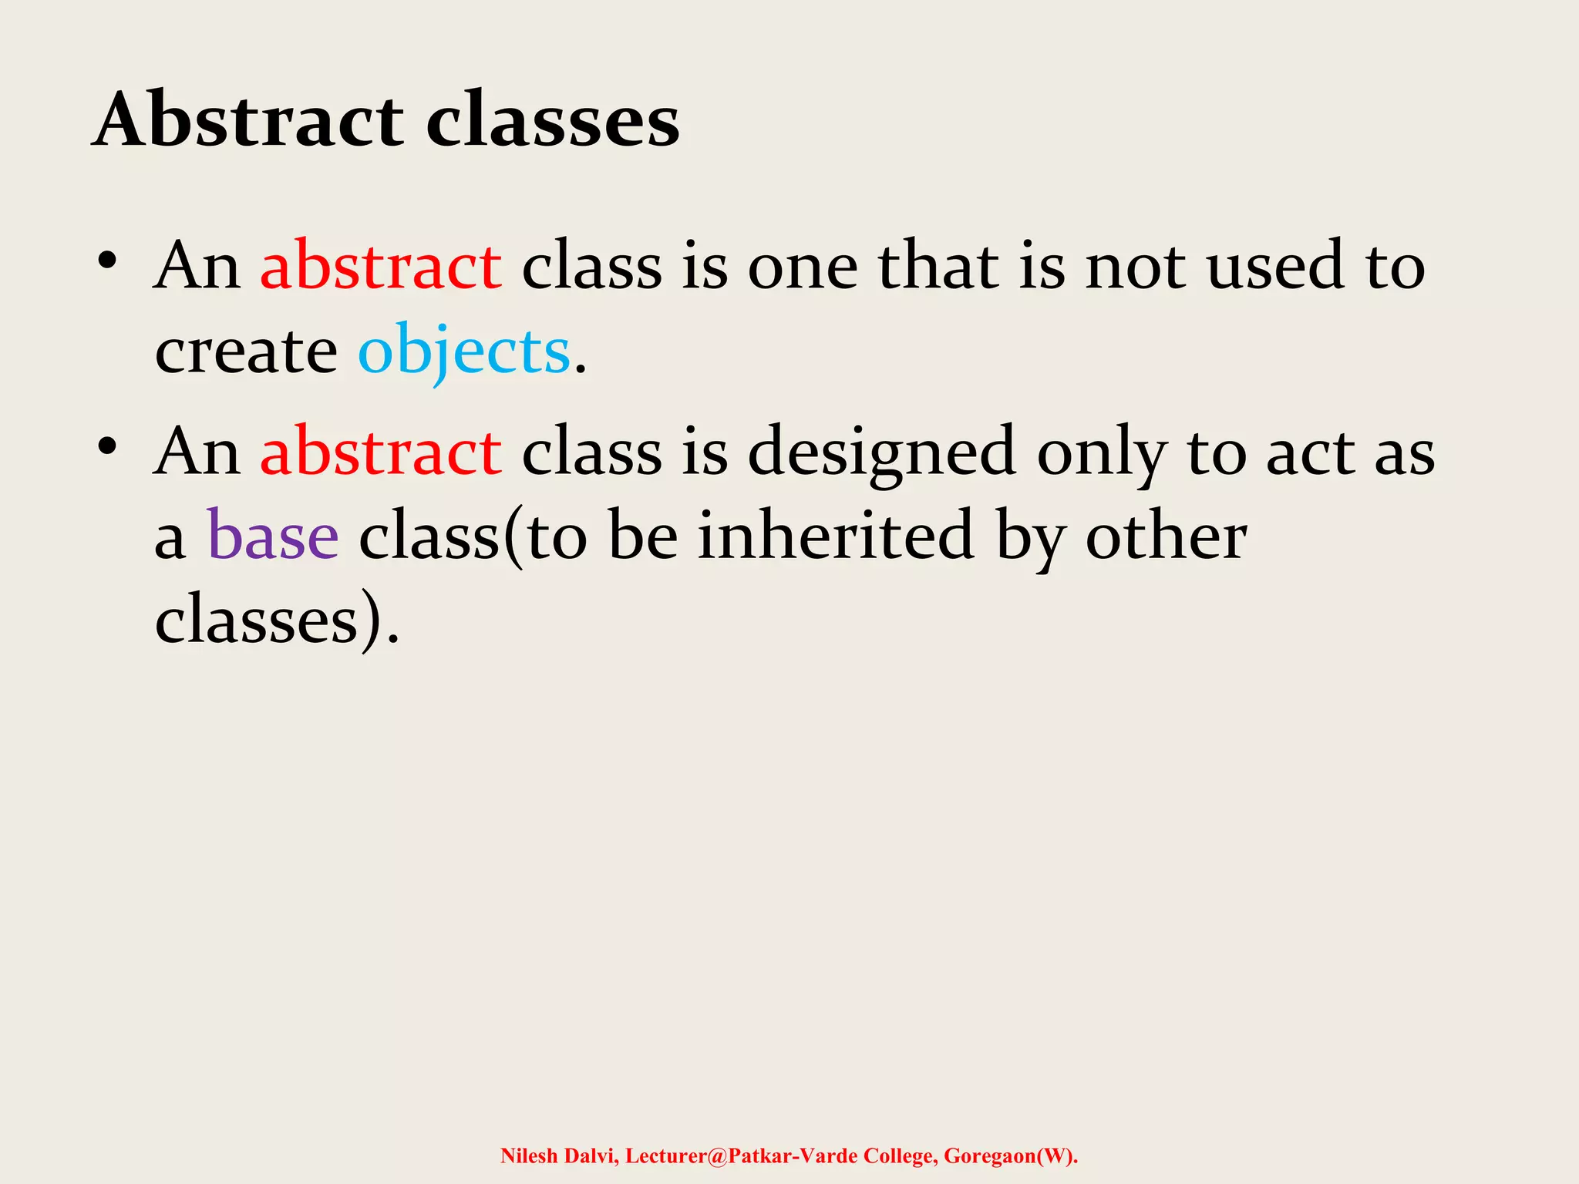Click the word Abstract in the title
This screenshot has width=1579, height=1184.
(x=248, y=120)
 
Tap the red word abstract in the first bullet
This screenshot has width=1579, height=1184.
(x=381, y=266)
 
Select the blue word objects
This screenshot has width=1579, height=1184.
(x=463, y=351)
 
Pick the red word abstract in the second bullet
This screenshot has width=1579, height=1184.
(x=381, y=452)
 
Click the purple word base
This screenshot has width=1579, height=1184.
(x=273, y=536)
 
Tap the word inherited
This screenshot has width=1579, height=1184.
(x=836, y=536)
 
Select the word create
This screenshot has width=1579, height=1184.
(x=245, y=351)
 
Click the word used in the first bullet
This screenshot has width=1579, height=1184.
(x=1275, y=266)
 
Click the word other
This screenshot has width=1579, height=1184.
(x=1166, y=536)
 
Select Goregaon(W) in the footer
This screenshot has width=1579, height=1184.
(x=1008, y=1155)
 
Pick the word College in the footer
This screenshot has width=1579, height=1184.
(x=899, y=1155)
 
